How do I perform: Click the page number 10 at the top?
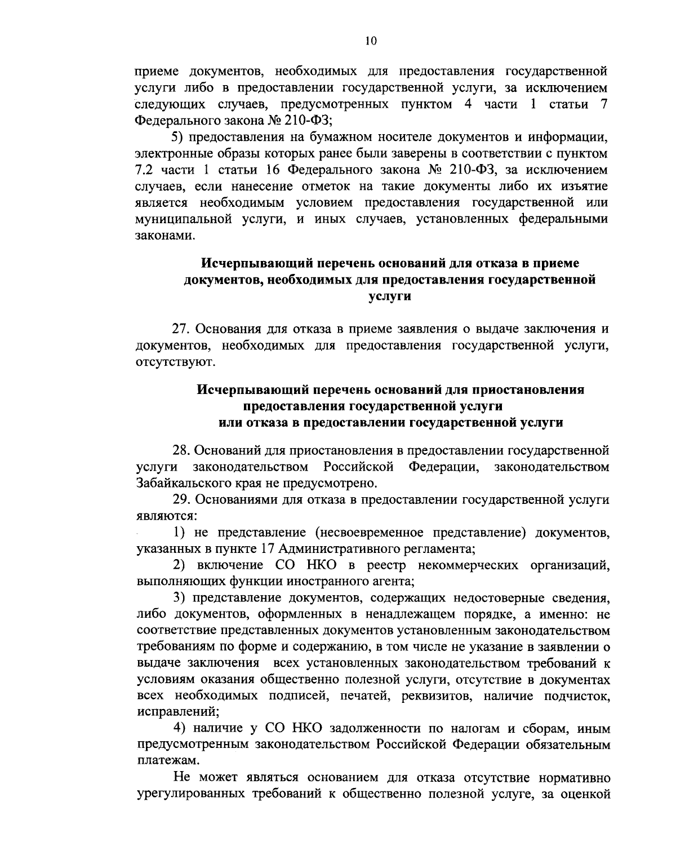pos(370,41)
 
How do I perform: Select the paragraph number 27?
pos(181,329)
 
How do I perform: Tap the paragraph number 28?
pos(181,450)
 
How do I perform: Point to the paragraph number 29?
pos(181,499)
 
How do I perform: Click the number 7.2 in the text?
pos(146,170)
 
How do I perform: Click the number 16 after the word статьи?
pos(280,170)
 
